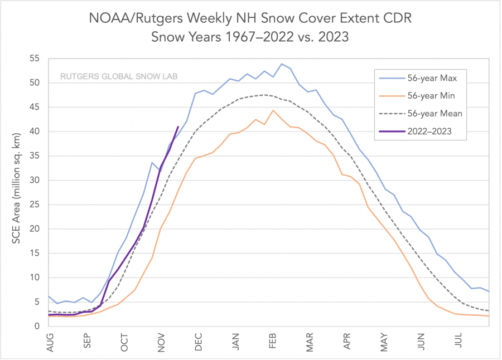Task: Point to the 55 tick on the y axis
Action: point(35,59)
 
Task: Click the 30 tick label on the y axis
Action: point(35,180)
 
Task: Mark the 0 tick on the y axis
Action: point(37,326)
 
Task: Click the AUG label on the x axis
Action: point(50,340)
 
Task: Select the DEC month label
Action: point(198,340)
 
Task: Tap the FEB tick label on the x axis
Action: point(272,340)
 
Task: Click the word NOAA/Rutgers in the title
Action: point(126,18)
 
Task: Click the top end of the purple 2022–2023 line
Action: point(178,127)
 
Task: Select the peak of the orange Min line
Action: point(273,110)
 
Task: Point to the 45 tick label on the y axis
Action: point(35,107)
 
